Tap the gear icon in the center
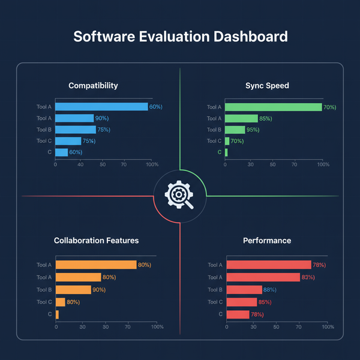pos(179,195)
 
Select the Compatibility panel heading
pos(93,86)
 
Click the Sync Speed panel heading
pos(267,86)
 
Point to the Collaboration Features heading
pos(96,241)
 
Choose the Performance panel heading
pos(267,241)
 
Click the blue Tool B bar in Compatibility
pos(76,130)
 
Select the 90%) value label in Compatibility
pos(103,118)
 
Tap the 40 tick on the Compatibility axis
pos(80,164)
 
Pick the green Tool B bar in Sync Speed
pos(235,130)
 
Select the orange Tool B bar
pos(73,290)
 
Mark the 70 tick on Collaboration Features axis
pos(128,326)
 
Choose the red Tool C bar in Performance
pos(241,302)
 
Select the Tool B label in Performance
pos(214,290)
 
